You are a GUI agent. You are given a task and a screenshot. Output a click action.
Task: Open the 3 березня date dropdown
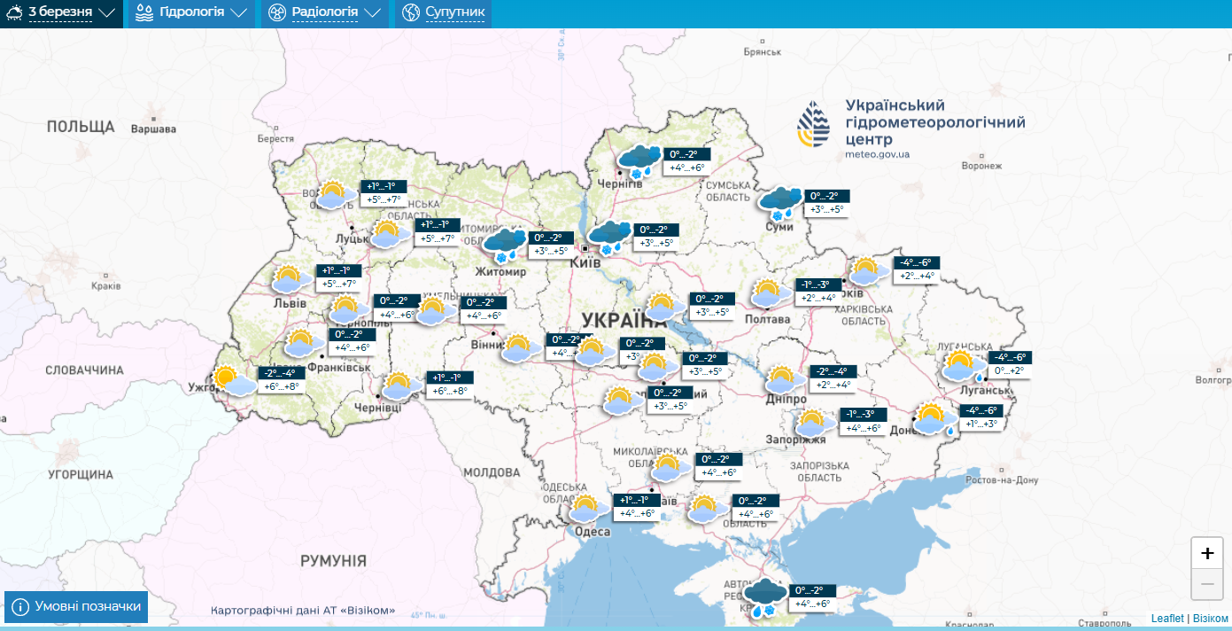pyautogui.click(x=61, y=13)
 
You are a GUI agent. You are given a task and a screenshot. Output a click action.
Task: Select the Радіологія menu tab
pyautogui.click(x=324, y=13)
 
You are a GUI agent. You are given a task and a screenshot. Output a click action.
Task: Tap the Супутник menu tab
pyautogui.click(x=443, y=13)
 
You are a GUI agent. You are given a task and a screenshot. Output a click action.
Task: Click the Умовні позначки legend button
pyautogui.click(x=76, y=607)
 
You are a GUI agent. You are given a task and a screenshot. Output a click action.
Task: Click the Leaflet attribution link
pyautogui.click(x=1166, y=618)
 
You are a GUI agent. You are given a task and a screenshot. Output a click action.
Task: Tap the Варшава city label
pyautogui.click(x=153, y=129)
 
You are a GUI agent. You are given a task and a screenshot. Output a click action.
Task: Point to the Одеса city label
pyautogui.click(x=593, y=532)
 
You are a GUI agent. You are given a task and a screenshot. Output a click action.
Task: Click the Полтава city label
pyautogui.click(x=768, y=319)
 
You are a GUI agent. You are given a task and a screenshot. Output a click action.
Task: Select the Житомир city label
pyautogui.click(x=500, y=271)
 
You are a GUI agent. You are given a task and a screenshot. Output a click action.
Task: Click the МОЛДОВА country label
pyautogui.click(x=492, y=471)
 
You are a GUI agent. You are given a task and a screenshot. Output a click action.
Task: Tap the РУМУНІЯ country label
pyautogui.click(x=333, y=561)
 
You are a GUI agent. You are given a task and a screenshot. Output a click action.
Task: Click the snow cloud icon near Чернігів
pyautogui.click(x=639, y=160)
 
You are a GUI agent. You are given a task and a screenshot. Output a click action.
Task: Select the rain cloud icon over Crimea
pyautogui.click(x=763, y=596)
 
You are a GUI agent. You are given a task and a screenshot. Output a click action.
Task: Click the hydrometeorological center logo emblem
pyautogui.click(x=814, y=124)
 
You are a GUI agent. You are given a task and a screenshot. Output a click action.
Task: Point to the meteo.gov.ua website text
pyautogui.click(x=877, y=154)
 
